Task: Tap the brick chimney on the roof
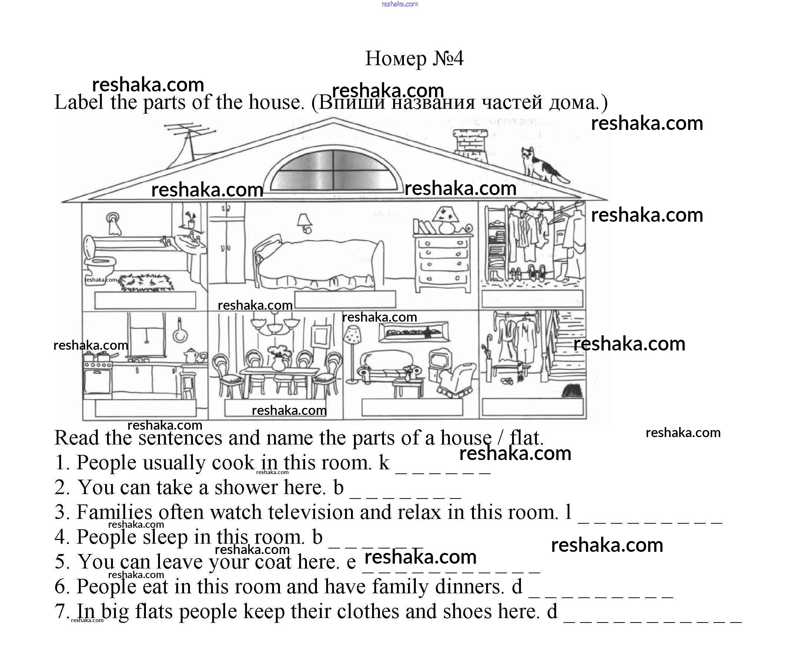[470, 145]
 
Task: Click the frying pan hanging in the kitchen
[180, 333]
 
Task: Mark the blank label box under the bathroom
[145, 301]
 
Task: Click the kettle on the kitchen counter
[190, 356]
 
